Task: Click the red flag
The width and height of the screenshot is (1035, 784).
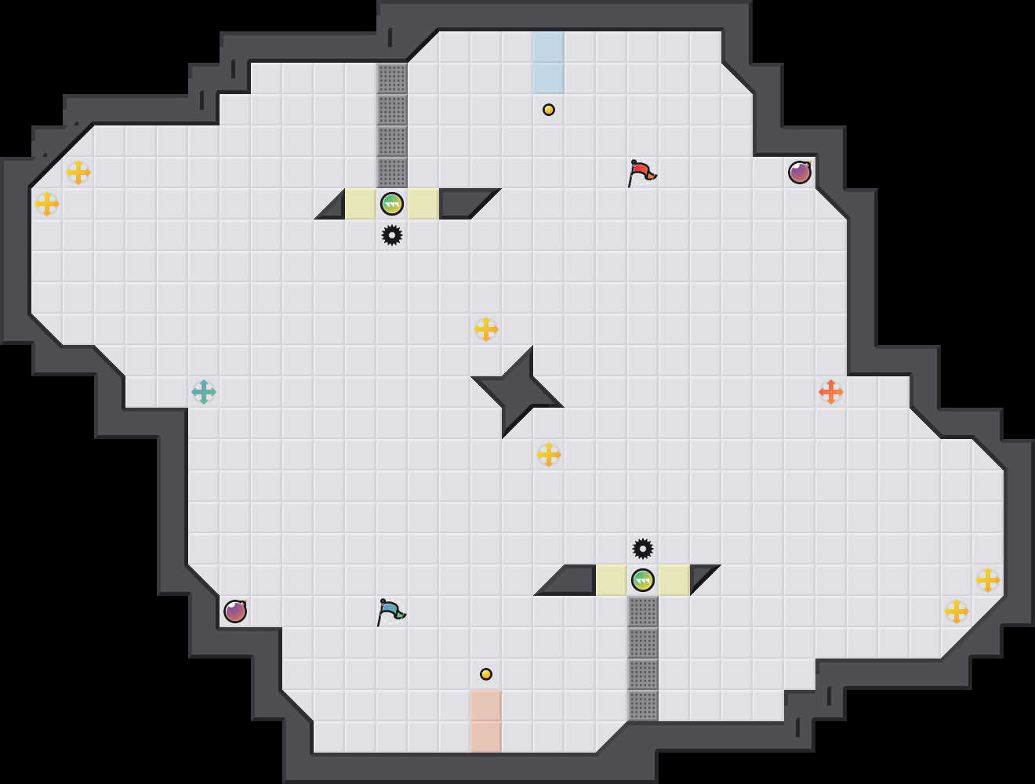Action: [641, 172]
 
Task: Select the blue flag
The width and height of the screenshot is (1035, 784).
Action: [390, 611]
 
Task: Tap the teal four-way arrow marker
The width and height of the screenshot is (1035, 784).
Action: [204, 392]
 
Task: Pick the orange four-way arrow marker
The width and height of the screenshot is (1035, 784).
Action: [831, 392]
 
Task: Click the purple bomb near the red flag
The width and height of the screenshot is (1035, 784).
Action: [800, 172]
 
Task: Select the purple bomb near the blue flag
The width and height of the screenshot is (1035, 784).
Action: [235, 612]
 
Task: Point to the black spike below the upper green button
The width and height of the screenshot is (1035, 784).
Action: [392, 235]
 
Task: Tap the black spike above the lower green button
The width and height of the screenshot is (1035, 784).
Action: [643, 549]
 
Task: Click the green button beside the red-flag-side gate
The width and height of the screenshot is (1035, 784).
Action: [392, 204]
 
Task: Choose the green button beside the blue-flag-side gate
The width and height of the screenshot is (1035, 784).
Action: [643, 580]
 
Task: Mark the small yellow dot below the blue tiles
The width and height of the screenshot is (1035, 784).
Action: [549, 110]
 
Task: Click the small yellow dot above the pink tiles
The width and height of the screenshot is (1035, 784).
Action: [486, 674]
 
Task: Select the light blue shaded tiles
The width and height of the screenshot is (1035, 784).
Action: [549, 63]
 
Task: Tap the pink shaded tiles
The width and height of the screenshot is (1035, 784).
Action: [486, 721]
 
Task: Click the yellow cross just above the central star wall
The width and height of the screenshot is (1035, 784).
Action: [486, 329]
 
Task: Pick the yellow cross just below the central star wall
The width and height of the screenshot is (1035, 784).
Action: [549, 455]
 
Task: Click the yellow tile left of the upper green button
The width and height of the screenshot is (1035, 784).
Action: [361, 204]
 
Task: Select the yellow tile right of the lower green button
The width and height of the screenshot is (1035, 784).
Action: [674, 580]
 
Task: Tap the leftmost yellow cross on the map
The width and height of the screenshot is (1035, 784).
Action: [47, 204]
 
